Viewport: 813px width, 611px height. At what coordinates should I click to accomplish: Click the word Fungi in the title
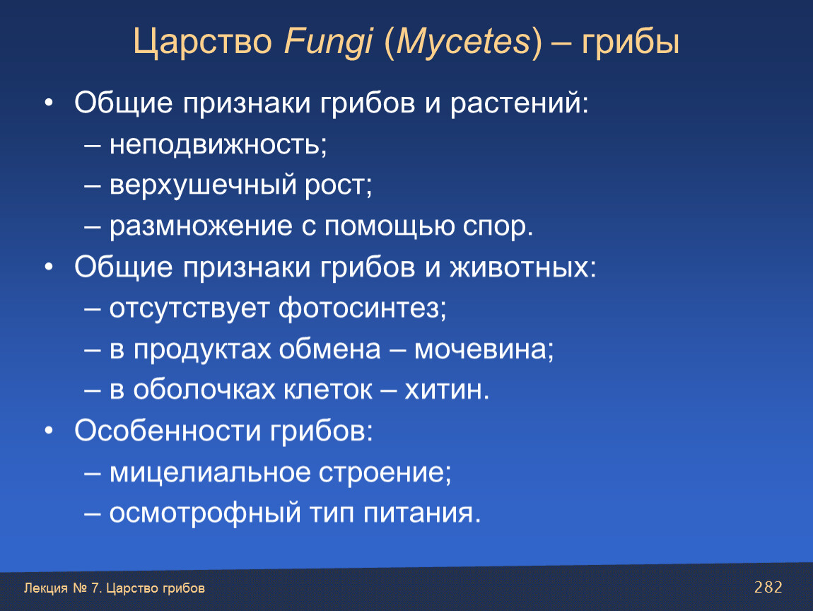(x=328, y=41)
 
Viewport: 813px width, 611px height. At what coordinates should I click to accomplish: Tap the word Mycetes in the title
(x=463, y=42)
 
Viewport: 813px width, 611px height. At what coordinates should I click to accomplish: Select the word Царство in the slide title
(x=203, y=42)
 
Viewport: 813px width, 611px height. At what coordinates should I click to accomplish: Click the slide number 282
(x=768, y=587)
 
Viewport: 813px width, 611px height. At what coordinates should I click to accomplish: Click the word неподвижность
(x=215, y=144)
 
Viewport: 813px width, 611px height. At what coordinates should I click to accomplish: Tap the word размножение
(x=201, y=227)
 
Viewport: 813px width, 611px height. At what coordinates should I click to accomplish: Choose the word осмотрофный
(x=205, y=513)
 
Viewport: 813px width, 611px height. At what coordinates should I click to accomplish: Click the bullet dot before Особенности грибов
(x=49, y=431)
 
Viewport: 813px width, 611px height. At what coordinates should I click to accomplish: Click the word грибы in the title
(x=630, y=42)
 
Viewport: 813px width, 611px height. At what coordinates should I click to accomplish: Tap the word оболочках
(x=204, y=390)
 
